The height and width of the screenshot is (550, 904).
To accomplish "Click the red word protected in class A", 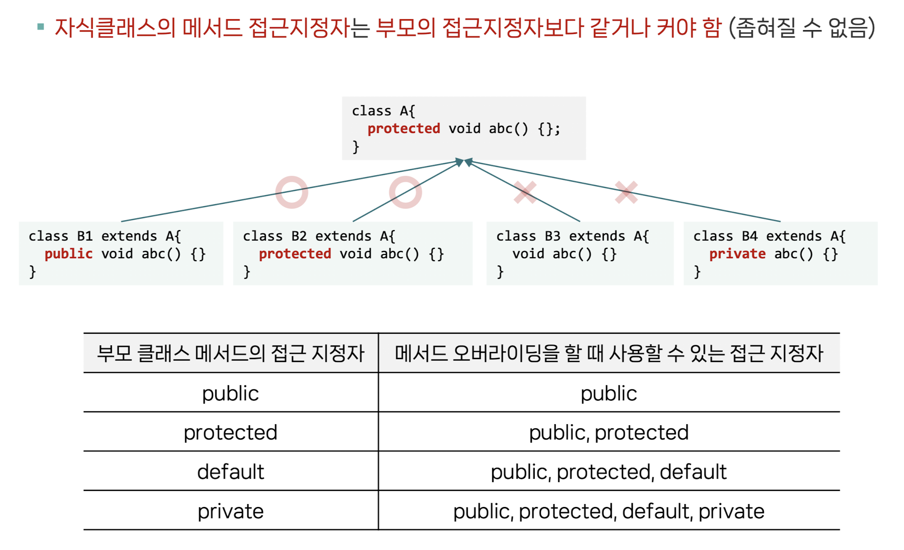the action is pyautogui.click(x=404, y=129).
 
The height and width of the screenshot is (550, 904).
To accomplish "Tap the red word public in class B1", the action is pyautogui.click(x=68, y=253).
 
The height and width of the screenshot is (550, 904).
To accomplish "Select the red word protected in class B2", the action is pyautogui.click(x=295, y=253).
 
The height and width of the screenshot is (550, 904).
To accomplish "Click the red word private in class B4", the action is pyautogui.click(x=737, y=253).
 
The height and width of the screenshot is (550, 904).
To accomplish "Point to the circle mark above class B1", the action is pyautogui.click(x=292, y=192).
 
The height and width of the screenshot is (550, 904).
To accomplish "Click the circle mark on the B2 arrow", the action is pyautogui.click(x=405, y=192).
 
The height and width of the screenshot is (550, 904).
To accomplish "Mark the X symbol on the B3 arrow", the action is pyautogui.click(x=525, y=192).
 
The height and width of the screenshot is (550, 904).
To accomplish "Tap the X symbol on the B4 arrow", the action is pyautogui.click(x=626, y=192).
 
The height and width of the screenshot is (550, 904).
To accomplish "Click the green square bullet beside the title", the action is pyautogui.click(x=41, y=27).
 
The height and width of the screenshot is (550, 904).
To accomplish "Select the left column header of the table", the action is pyautogui.click(x=231, y=353).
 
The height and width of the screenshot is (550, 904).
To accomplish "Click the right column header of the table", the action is pyautogui.click(x=608, y=353).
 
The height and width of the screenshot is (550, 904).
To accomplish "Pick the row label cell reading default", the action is pyautogui.click(x=231, y=472).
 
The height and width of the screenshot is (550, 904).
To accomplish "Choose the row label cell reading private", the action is pyautogui.click(x=231, y=511).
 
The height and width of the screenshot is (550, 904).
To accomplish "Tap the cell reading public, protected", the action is pyautogui.click(x=608, y=432).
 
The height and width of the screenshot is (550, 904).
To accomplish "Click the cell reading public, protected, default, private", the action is pyautogui.click(x=608, y=511).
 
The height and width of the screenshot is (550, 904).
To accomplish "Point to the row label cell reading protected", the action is pyautogui.click(x=231, y=432).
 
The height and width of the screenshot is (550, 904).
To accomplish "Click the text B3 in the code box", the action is pyautogui.click(x=552, y=236).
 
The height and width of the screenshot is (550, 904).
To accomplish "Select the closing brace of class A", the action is pyautogui.click(x=355, y=147).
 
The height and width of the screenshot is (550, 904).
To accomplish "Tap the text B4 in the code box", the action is pyautogui.click(x=750, y=236).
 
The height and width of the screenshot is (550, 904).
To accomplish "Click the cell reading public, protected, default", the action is pyautogui.click(x=608, y=472).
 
